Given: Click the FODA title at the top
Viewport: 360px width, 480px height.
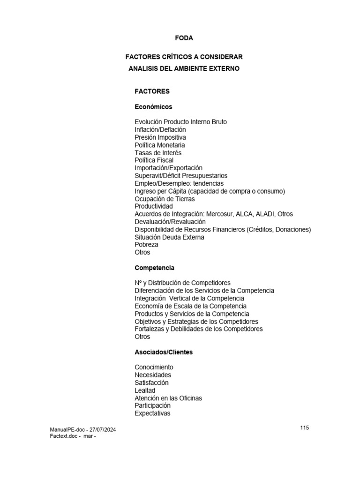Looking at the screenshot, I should click(x=184, y=38).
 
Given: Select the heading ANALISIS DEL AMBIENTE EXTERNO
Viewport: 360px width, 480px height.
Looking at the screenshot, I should click(x=184, y=68).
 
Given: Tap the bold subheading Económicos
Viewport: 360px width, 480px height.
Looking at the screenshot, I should click(x=153, y=107).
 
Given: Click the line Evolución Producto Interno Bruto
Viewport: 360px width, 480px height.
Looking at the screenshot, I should click(x=180, y=122).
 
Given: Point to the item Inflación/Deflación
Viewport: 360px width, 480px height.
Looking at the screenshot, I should click(x=160, y=129).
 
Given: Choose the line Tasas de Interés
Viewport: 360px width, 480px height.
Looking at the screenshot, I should click(x=158, y=153).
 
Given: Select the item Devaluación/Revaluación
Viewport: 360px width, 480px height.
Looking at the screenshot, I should click(x=170, y=222).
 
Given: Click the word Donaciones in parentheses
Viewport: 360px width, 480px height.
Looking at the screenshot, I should click(x=291, y=229).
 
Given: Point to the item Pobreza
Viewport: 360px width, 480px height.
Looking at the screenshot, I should click(x=146, y=245).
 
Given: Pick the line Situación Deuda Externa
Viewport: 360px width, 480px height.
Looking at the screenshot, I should click(x=169, y=237).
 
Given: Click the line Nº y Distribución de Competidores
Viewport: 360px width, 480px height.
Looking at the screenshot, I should click(x=182, y=283).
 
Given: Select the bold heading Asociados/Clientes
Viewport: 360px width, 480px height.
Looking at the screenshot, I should click(x=164, y=352).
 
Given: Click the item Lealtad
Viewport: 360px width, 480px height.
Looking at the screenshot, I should click(x=145, y=390).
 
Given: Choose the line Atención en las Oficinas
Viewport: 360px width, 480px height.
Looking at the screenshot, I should click(x=168, y=398).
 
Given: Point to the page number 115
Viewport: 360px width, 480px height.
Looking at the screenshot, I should click(x=305, y=427).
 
